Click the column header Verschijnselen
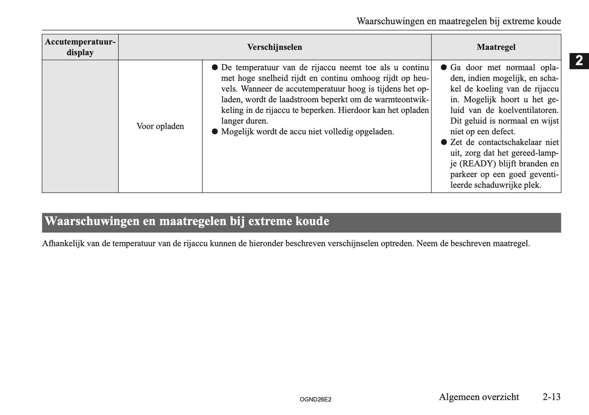274,47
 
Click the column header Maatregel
496,47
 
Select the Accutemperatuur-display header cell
80,47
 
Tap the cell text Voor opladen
160,126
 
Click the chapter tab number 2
579,61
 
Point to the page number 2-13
551,397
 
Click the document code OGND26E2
315,400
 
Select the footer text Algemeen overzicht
479,397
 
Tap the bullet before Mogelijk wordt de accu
214,132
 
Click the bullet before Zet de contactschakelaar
443,142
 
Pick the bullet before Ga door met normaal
443,67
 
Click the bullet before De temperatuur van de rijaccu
214,67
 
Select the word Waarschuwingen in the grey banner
92,221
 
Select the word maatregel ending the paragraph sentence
511,244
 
